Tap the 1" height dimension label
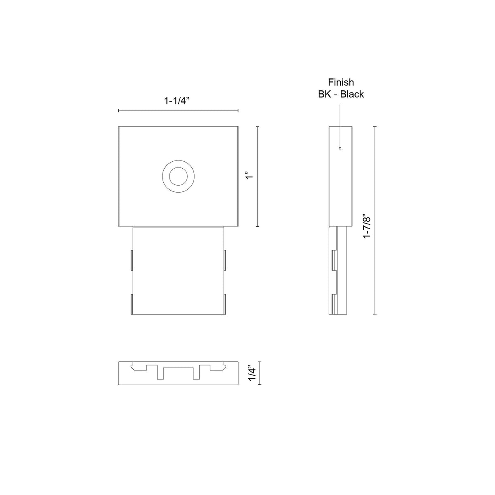249,174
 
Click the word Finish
341,82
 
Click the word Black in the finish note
352,94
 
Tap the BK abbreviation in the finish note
324,94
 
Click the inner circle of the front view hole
178,176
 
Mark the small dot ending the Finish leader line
340,148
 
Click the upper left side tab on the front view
132,260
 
